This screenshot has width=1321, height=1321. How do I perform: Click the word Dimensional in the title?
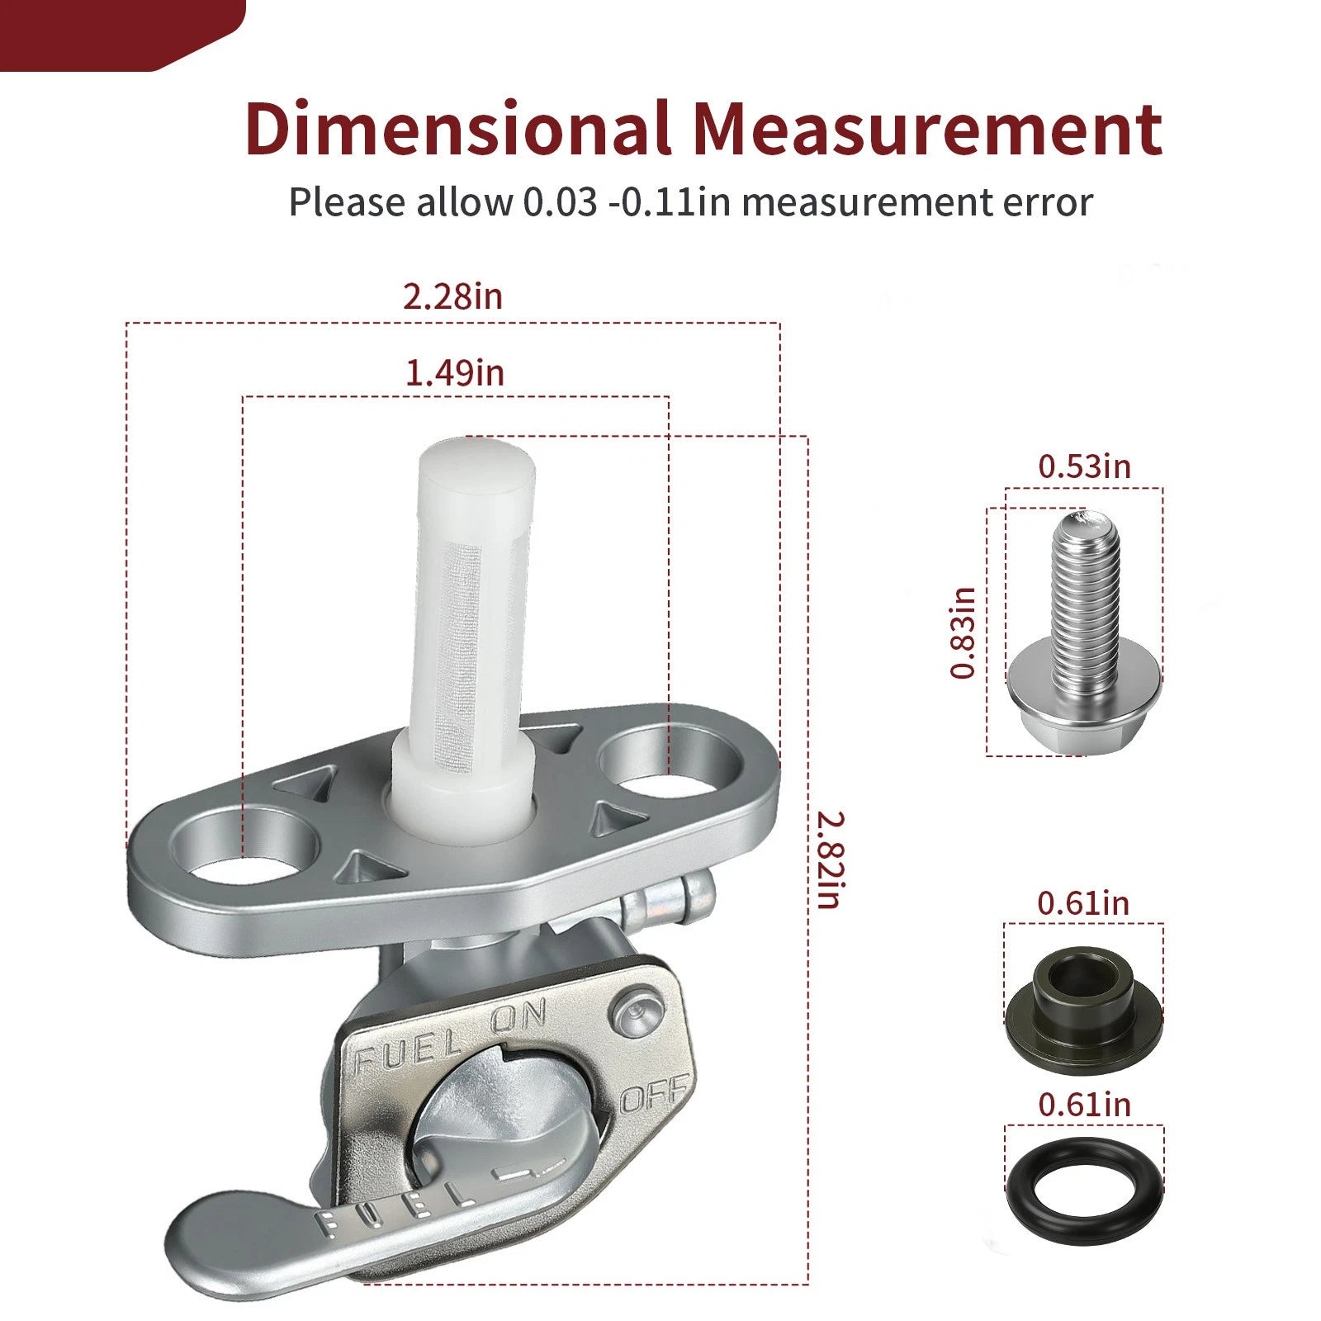coord(457,129)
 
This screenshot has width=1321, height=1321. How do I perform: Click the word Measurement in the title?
coord(927,129)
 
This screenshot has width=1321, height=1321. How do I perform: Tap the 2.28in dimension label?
coord(452,296)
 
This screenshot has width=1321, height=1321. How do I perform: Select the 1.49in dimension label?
coord(454,373)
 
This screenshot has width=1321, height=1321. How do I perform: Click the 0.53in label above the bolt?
coord(1084,466)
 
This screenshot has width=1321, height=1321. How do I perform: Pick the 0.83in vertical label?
coord(963,633)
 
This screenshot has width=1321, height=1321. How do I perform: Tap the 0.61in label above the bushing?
coord(1083,903)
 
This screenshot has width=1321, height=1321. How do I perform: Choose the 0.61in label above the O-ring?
coord(1084,1105)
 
